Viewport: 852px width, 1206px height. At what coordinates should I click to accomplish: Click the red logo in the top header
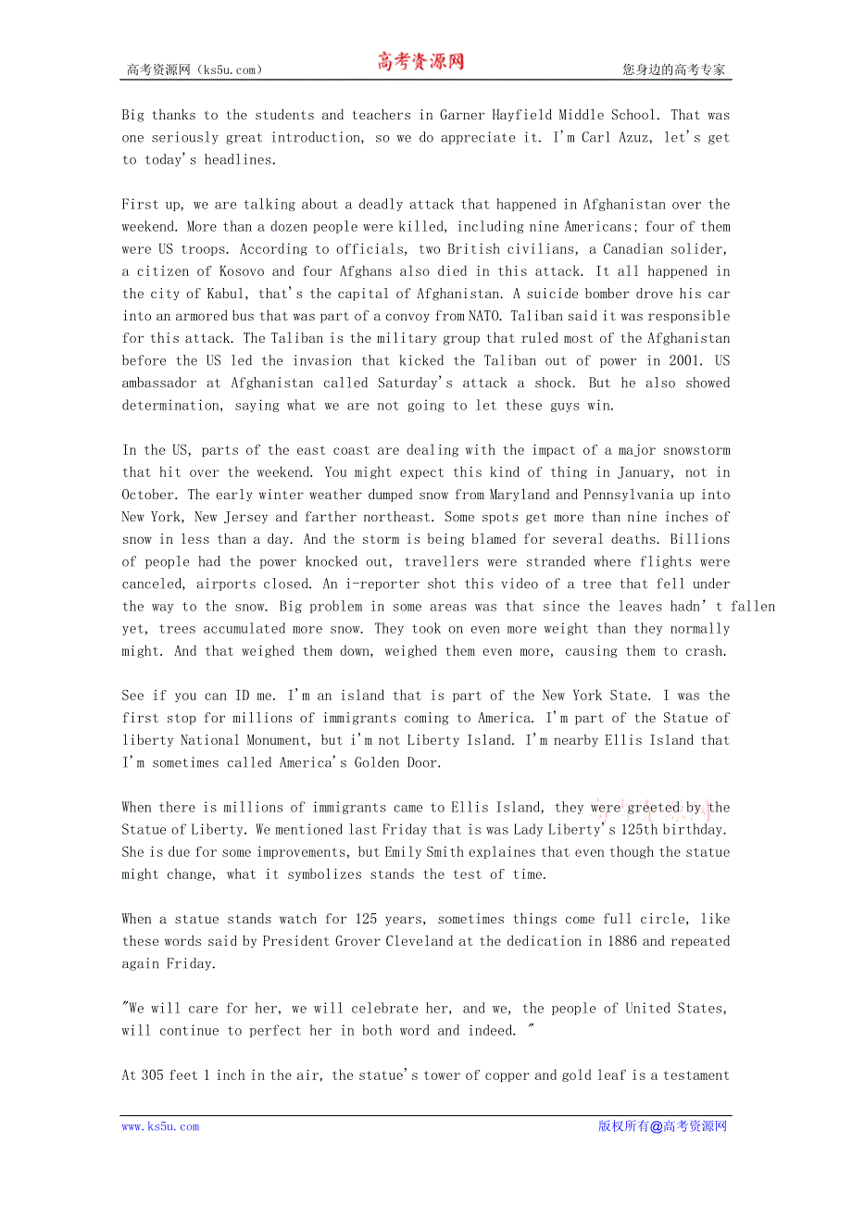420,62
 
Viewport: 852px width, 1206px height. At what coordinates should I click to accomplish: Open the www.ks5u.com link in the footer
160,1127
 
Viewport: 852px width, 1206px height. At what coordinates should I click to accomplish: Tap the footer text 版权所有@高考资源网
662,1127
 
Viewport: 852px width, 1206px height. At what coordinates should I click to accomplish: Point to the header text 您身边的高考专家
673,69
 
